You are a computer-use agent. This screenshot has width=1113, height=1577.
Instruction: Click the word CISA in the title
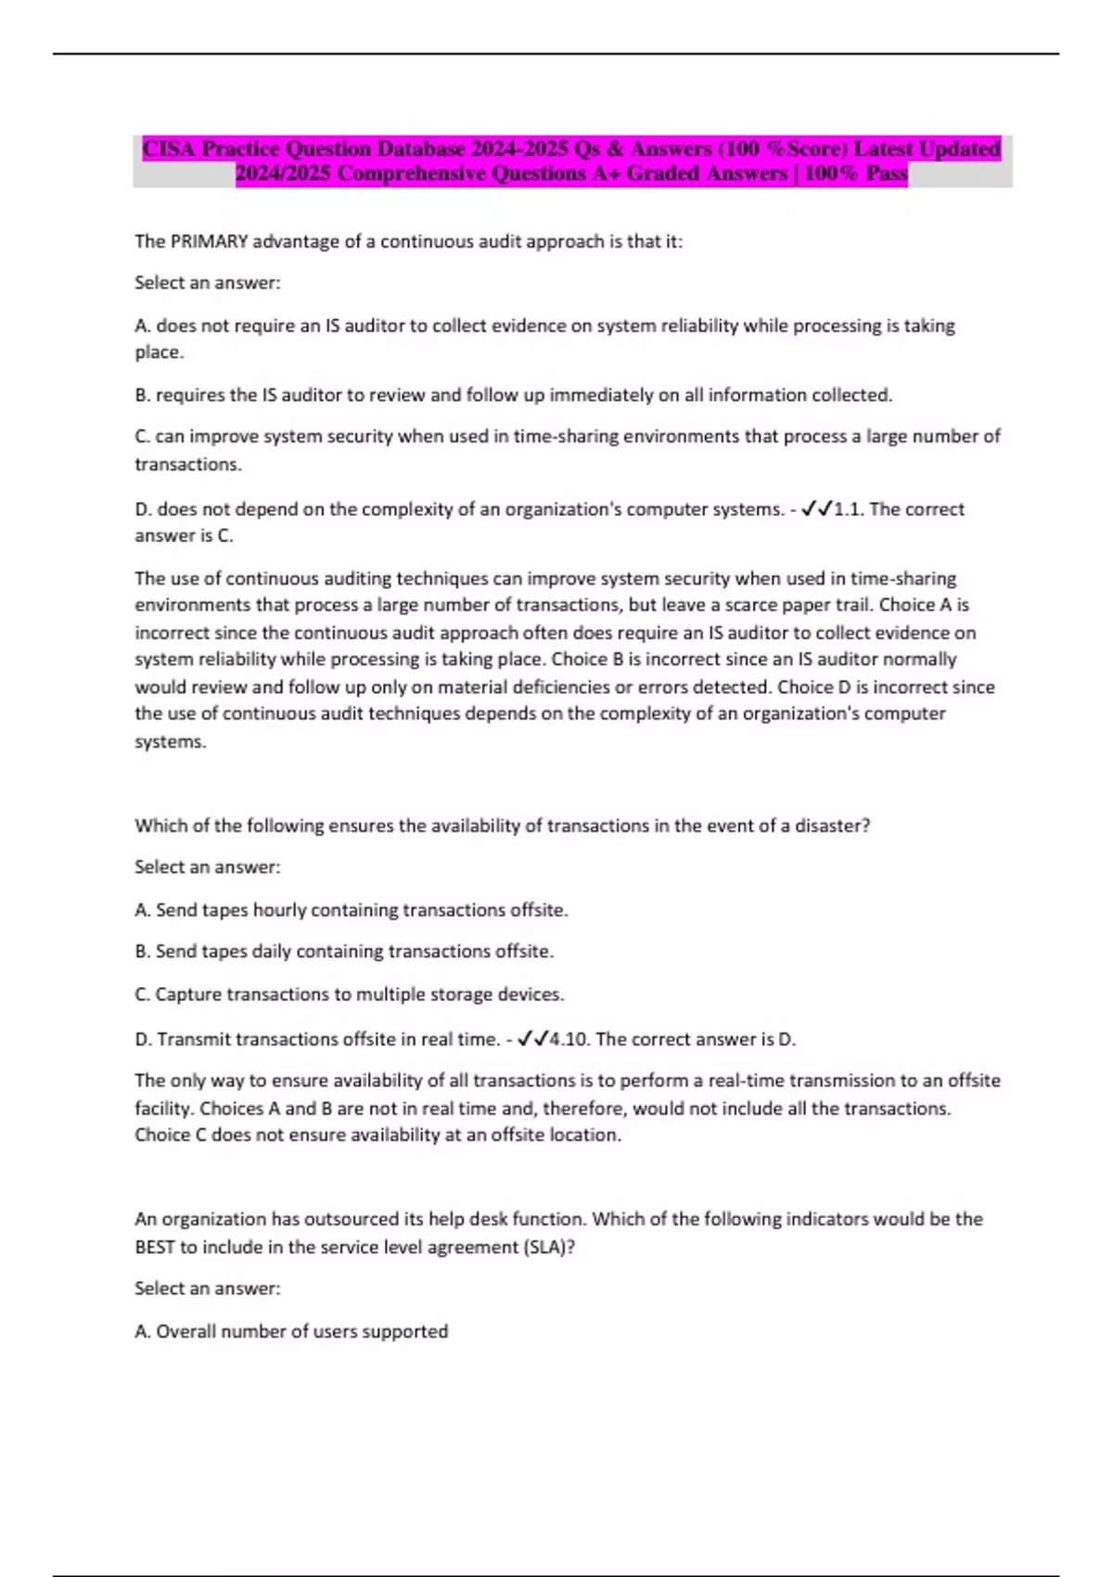pos(169,148)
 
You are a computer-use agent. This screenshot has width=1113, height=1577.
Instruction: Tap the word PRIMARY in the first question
pos(210,241)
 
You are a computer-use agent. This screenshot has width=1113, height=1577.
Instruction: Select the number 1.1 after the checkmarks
pos(848,508)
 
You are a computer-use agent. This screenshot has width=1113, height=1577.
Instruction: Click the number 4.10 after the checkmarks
pos(569,1039)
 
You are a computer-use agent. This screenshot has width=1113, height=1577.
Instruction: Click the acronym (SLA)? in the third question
pos(550,1247)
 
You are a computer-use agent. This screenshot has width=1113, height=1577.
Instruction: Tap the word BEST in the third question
pos(155,1247)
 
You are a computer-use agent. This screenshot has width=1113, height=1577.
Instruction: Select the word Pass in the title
pos(886,173)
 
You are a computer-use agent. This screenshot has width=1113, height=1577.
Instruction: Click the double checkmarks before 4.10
pos(533,1039)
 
